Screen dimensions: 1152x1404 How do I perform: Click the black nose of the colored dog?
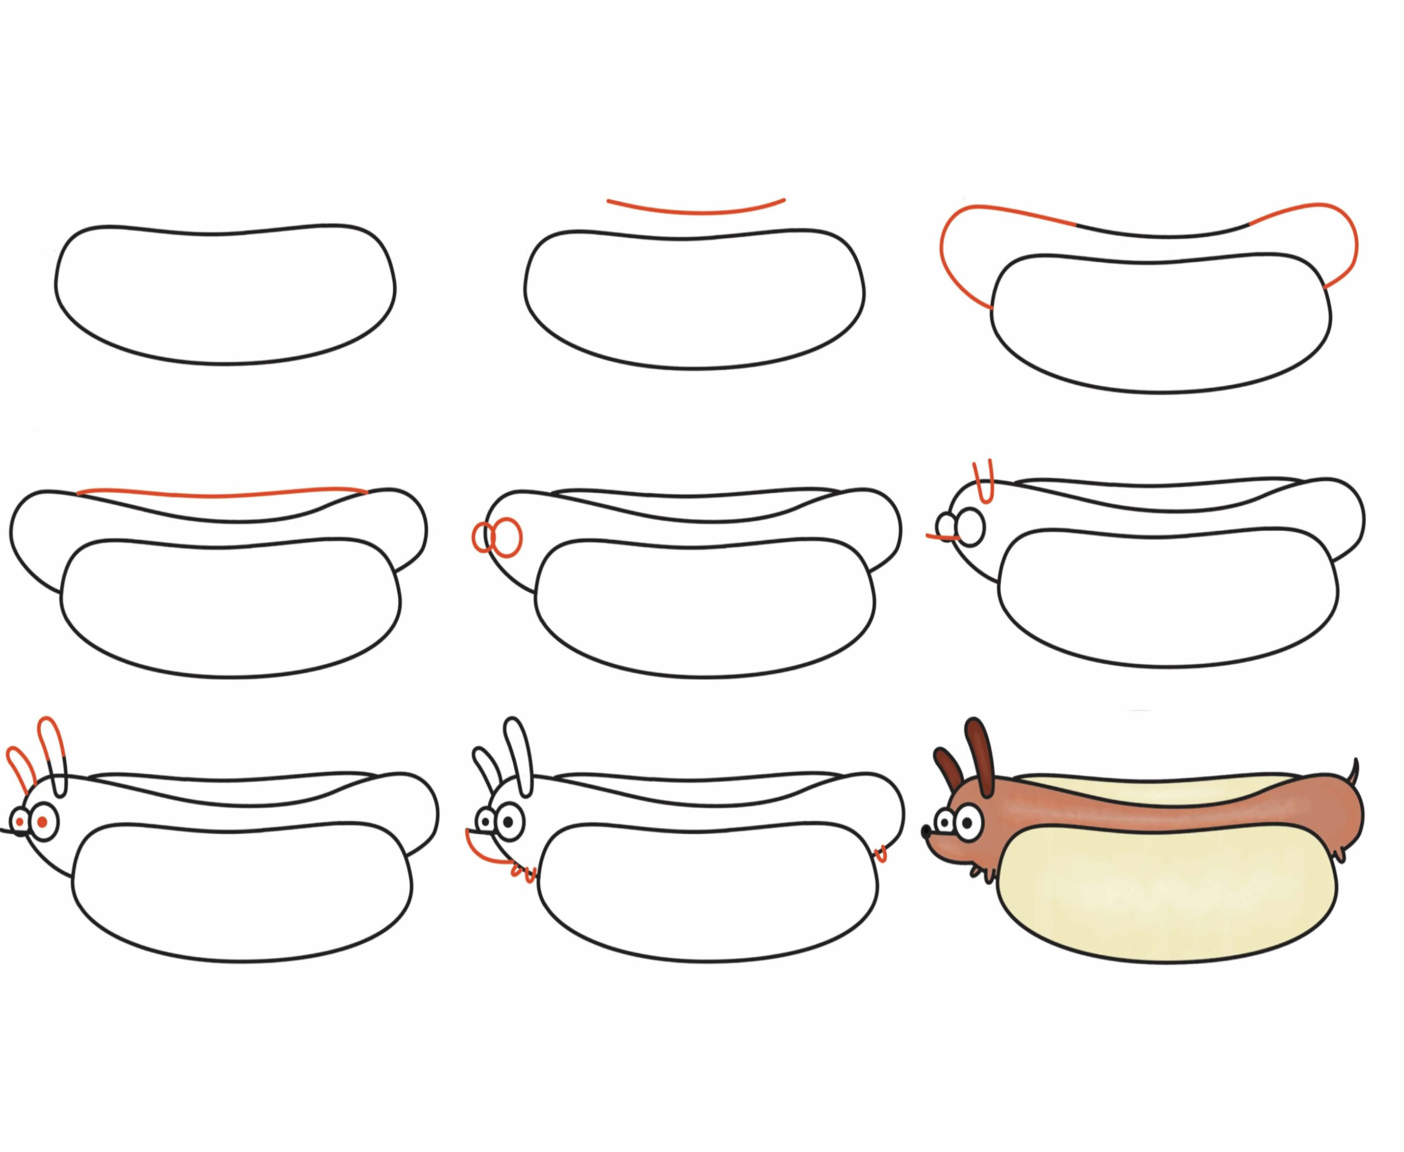[925, 831]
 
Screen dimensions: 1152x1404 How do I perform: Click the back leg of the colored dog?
[1338, 854]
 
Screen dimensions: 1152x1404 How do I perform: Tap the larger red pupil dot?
[42, 822]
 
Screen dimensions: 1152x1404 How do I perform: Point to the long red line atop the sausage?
[222, 494]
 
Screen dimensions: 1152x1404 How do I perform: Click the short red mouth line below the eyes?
[938, 536]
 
